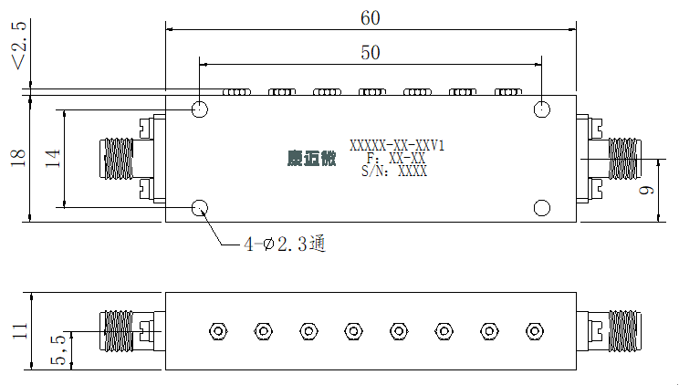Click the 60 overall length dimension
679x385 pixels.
click(371, 18)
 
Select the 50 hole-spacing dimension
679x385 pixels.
click(371, 53)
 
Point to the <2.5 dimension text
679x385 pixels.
click(19, 46)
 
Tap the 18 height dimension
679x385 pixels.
click(18, 158)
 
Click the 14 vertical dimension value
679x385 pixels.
click(52, 159)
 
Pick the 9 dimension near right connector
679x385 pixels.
click(646, 190)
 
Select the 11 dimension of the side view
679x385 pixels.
click(20, 331)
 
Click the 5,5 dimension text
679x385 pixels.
click(59, 349)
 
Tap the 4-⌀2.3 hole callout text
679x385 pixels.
click(285, 245)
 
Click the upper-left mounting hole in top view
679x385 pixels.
click(200, 109)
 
